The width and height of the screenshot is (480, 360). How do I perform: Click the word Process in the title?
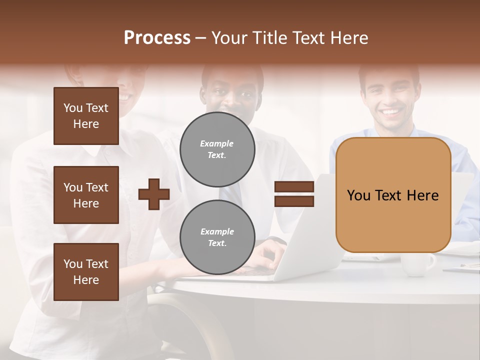(157, 38)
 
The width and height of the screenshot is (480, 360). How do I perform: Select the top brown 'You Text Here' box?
(86, 116)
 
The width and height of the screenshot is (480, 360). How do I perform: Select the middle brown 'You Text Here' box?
(86, 195)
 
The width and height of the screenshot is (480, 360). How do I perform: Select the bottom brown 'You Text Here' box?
(86, 271)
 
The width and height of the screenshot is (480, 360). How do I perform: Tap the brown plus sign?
(154, 194)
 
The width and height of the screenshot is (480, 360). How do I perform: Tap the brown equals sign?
(294, 194)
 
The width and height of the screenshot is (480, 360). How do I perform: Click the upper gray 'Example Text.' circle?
(217, 149)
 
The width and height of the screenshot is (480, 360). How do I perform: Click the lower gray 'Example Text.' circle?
(217, 237)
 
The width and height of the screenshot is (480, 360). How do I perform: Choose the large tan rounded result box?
(393, 195)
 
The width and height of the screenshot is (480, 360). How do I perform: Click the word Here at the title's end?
(348, 38)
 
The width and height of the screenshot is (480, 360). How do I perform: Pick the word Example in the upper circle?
(217, 143)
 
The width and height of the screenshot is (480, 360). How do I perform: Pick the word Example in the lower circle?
(217, 231)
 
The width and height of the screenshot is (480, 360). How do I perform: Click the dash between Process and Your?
(201, 38)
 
